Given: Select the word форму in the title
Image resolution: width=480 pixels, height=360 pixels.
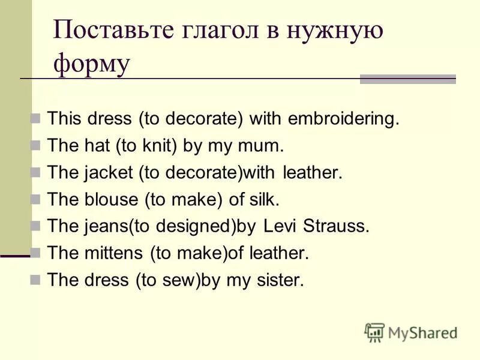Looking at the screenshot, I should (x=91, y=64).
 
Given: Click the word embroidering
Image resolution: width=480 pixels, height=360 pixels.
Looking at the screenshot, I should (x=343, y=118).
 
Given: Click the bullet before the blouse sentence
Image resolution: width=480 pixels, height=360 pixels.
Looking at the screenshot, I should (x=35, y=199).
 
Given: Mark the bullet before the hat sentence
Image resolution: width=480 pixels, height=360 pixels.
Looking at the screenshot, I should (x=35, y=146).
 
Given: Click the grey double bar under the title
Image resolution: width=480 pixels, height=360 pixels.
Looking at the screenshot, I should (x=407, y=79).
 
